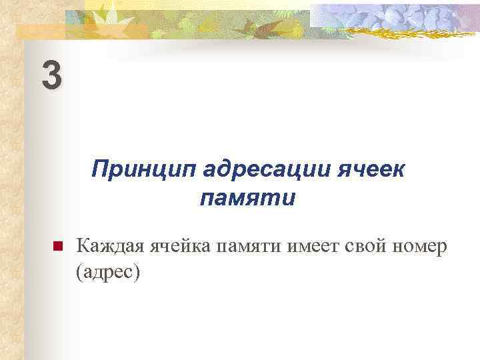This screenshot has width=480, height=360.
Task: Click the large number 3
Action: (52, 75)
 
